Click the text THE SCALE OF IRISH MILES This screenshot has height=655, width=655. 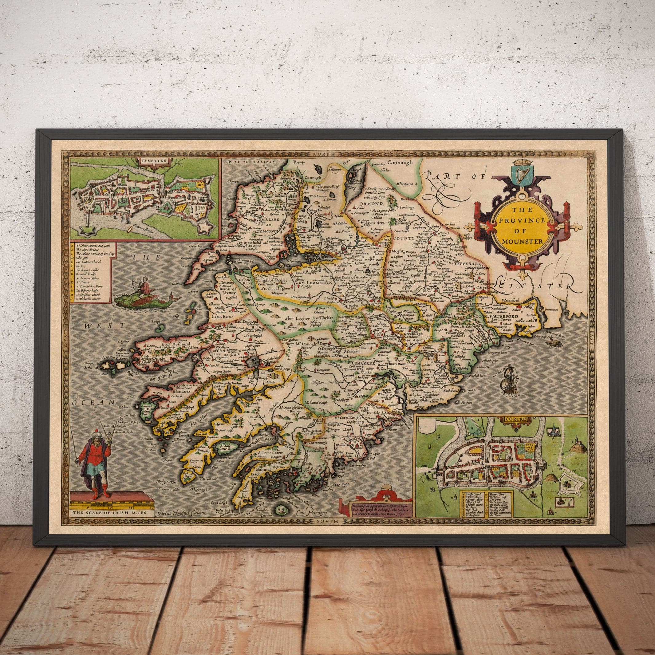109,503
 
